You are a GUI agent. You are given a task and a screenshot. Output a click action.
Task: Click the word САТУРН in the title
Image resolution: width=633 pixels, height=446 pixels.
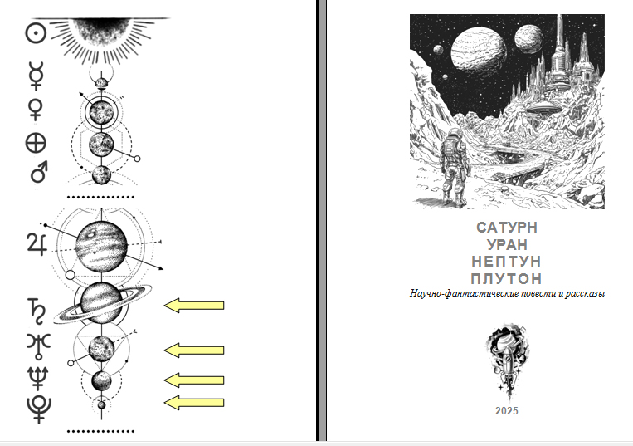(507, 228)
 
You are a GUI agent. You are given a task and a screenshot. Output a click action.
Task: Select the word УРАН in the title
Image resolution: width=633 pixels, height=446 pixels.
(507, 245)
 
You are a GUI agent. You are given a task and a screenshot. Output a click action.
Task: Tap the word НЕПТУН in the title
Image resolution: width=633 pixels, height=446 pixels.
(506, 262)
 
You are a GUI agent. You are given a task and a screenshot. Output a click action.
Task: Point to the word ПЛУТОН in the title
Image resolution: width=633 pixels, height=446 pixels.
(506, 279)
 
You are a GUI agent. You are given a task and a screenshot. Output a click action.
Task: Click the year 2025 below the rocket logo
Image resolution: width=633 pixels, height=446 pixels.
(507, 411)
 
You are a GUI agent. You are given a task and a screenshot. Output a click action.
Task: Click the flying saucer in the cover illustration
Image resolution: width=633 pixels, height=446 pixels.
(544, 107)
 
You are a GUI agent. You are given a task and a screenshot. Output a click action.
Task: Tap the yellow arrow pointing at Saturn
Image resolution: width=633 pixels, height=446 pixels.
(194, 306)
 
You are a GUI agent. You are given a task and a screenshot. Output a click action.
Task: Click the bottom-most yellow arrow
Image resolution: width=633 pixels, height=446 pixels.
(194, 403)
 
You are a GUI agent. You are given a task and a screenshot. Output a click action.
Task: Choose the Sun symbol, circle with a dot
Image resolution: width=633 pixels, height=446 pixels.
(36, 33)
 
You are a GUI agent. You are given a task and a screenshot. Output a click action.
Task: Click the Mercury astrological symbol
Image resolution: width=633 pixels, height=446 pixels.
(37, 76)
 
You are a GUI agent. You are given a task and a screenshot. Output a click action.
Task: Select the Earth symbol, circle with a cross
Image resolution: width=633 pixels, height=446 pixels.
(36, 143)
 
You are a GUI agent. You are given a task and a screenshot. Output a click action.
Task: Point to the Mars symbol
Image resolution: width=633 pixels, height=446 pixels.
(40, 171)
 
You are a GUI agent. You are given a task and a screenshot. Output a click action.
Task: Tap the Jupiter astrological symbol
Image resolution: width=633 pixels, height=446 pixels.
(37, 243)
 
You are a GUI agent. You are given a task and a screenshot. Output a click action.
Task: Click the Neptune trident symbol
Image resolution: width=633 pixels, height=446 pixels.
(38, 378)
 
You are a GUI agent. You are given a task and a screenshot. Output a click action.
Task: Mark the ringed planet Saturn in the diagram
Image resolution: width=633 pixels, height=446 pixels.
(103, 303)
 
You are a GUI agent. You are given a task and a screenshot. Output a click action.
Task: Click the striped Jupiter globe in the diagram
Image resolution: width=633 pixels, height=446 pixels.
(101, 246)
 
